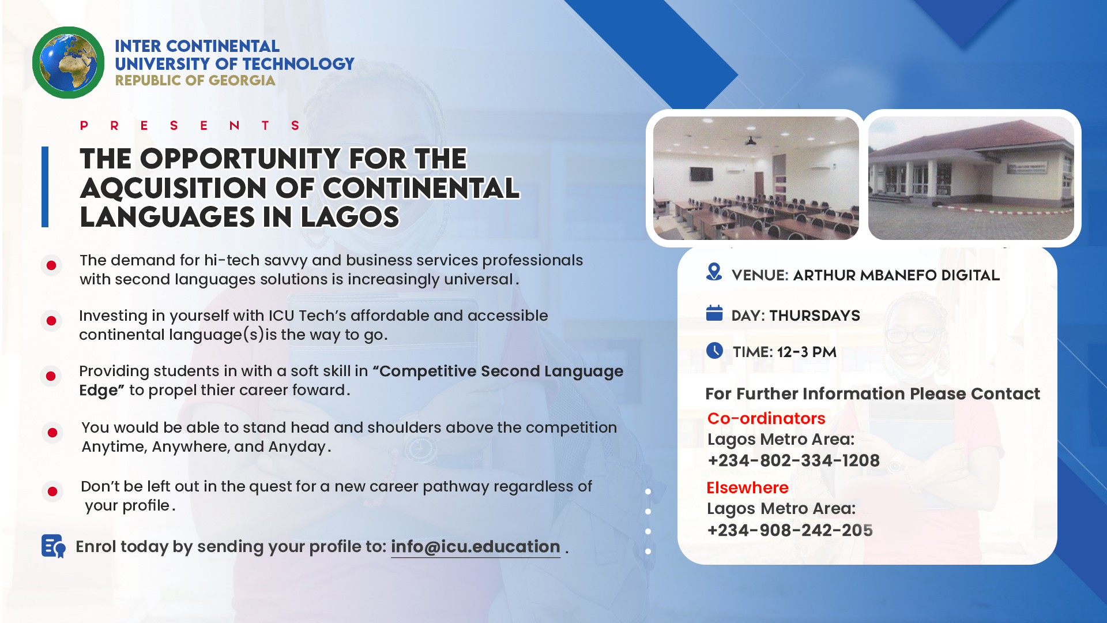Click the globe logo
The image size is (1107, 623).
[68, 62]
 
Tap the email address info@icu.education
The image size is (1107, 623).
[476, 546]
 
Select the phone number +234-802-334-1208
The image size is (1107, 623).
[793, 460]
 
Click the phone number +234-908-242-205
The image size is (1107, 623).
[790, 530]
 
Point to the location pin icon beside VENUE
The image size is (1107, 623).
[714, 272]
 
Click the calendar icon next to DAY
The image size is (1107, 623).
[714, 313]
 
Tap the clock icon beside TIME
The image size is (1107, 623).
[714, 350]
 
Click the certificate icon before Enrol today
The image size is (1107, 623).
[53, 546]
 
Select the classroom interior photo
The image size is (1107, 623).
[756, 178]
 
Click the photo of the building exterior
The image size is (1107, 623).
[971, 178]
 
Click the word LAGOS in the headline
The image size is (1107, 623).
[350, 217]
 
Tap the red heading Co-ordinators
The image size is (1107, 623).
[766, 418]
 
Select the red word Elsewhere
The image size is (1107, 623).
[747, 487]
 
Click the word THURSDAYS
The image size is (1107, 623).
[815, 316]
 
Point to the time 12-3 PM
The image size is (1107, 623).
[807, 352]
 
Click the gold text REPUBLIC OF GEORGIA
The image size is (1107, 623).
[195, 81]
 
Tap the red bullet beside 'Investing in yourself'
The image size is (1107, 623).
[51, 321]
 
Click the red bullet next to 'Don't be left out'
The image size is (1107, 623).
[52, 491]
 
